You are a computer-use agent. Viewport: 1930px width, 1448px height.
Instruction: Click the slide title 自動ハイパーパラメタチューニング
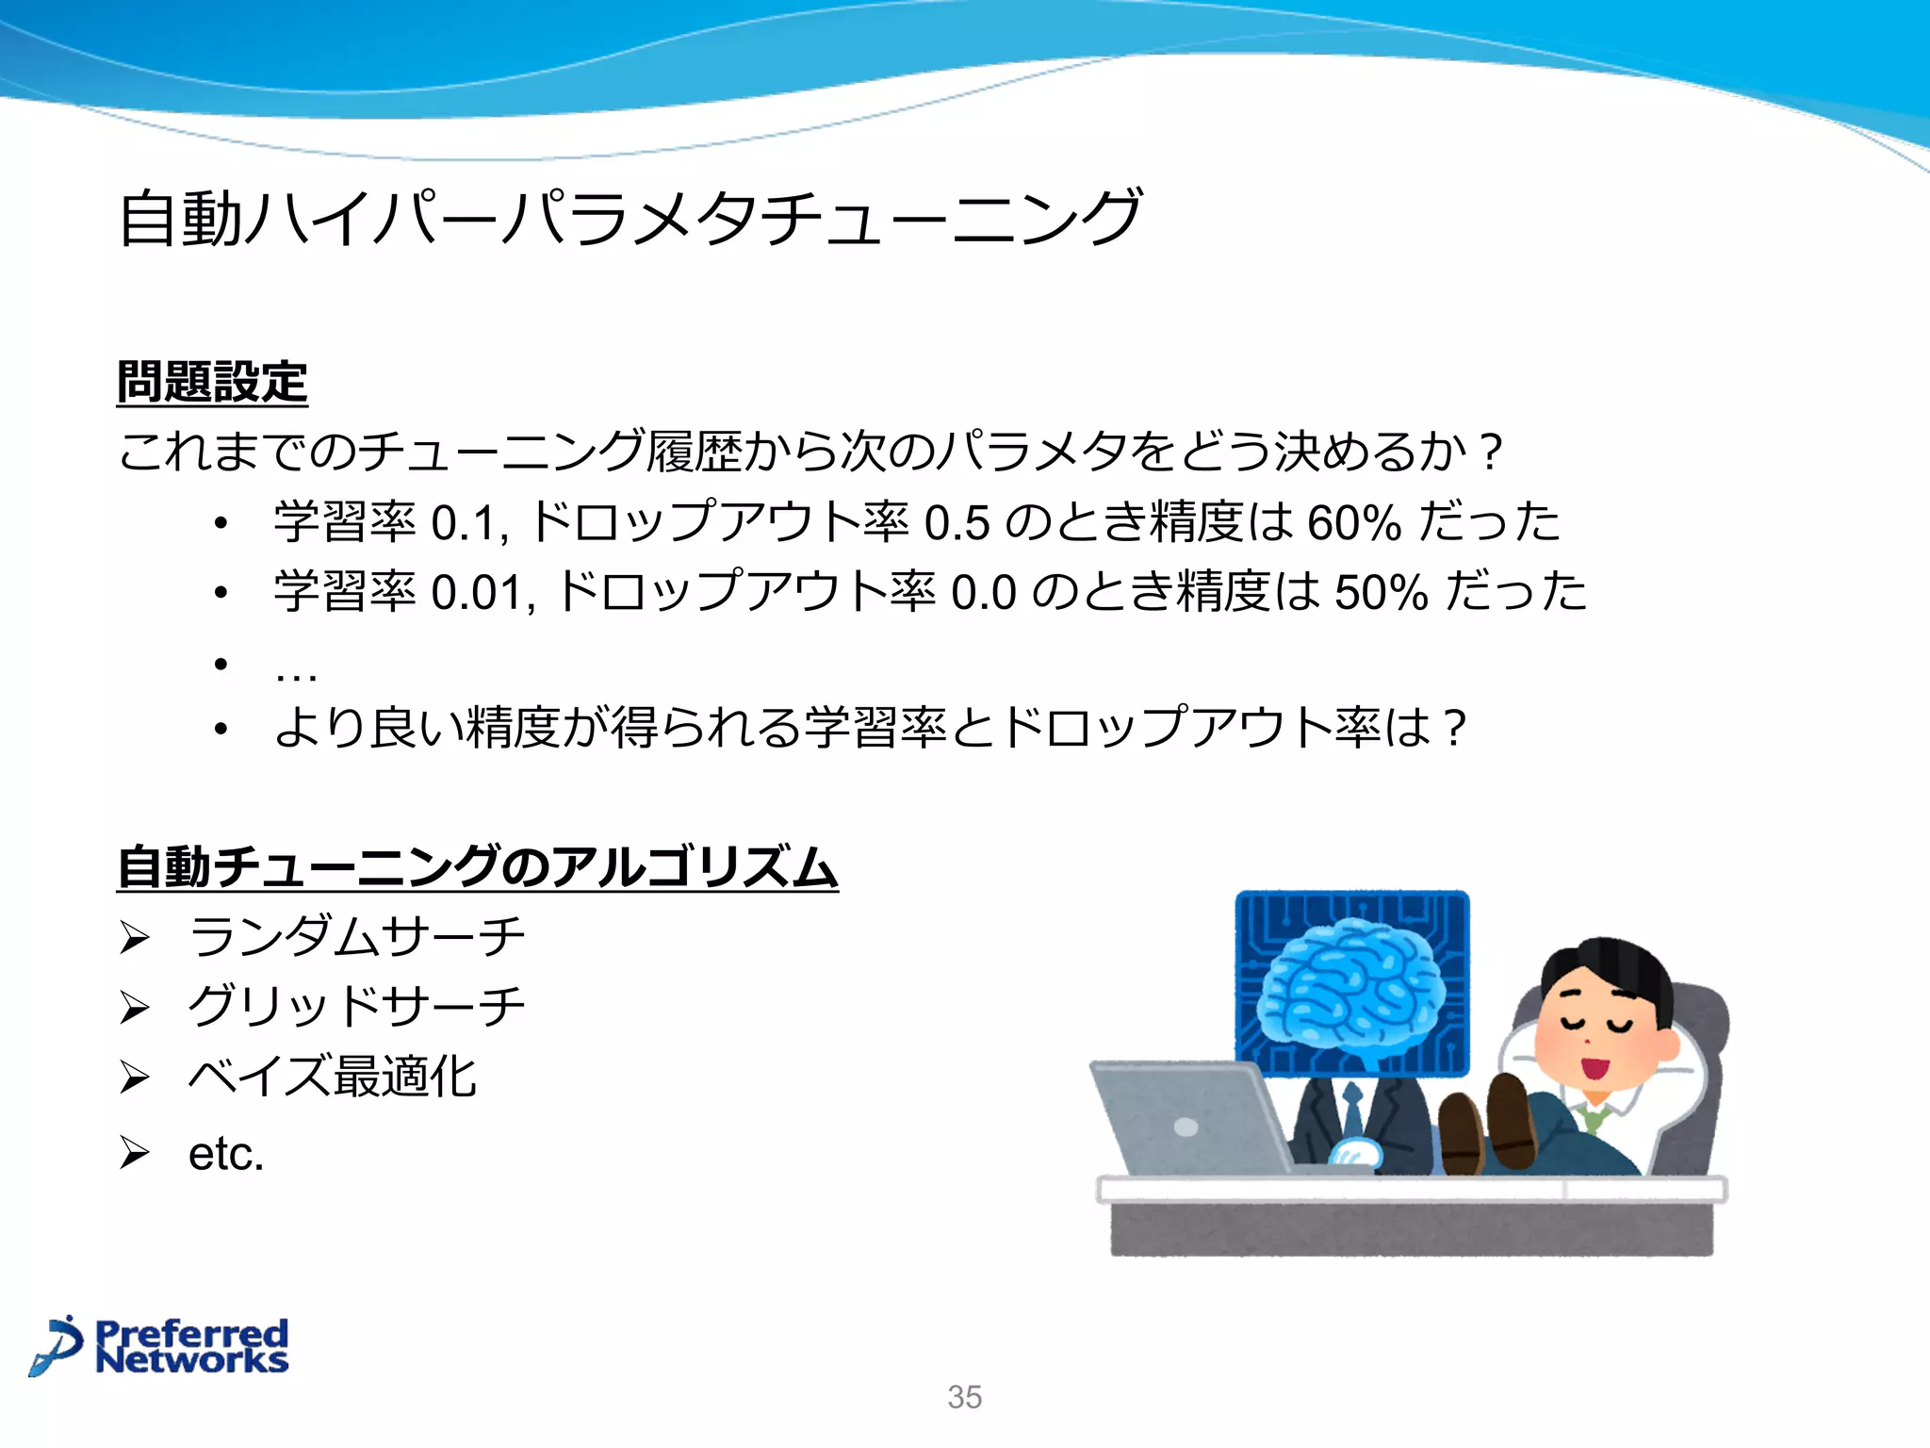point(630,218)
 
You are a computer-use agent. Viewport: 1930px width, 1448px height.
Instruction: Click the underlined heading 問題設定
point(212,383)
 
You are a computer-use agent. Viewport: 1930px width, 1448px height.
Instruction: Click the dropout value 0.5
point(957,523)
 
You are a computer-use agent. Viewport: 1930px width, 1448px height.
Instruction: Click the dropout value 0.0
point(983,593)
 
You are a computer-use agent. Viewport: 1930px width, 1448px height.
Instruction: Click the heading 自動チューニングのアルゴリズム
point(477,867)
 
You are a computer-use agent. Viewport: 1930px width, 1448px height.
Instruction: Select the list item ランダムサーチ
point(356,936)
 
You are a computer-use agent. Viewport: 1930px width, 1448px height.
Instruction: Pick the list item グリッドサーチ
point(356,1006)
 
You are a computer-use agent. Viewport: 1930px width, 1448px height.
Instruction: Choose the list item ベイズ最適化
point(332,1076)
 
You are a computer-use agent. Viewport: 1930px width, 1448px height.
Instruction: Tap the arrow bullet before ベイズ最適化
point(135,1077)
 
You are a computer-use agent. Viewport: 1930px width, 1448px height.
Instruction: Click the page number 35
point(964,1397)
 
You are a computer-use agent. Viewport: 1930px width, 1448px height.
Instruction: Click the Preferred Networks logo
point(160,1345)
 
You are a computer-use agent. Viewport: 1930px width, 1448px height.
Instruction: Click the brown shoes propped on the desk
point(1489,1127)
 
